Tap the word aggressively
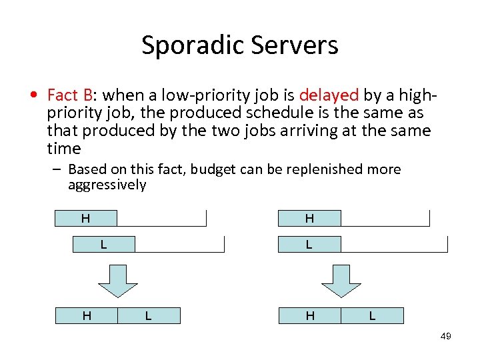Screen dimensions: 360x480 click(x=107, y=185)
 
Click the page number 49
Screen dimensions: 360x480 click(x=445, y=336)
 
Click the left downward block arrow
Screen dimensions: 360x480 click(x=118, y=280)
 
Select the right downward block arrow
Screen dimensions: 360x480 click(x=341, y=280)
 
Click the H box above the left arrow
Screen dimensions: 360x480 click(x=86, y=218)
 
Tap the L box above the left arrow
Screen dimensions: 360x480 click(x=103, y=244)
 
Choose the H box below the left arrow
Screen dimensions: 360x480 click(x=87, y=315)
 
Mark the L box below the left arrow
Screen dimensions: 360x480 click(x=149, y=315)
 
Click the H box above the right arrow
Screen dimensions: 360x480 click(x=309, y=218)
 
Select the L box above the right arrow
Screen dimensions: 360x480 click(x=309, y=244)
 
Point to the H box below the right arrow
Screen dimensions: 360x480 click(x=310, y=315)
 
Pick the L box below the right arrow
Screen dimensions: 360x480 click(x=372, y=315)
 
